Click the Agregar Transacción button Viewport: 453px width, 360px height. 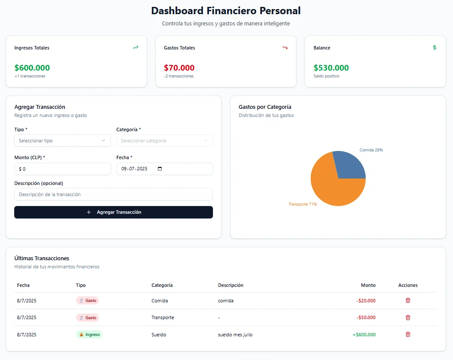click(x=113, y=212)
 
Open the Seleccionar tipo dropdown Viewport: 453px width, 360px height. click(x=62, y=141)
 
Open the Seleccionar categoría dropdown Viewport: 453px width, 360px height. click(x=164, y=141)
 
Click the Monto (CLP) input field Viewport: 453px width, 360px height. click(x=62, y=169)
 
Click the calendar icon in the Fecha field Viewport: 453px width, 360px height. click(x=160, y=169)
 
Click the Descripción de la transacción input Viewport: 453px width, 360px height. click(x=113, y=194)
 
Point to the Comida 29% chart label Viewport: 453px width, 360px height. click(x=371, y=150)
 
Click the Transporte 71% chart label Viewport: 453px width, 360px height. click(x=302, y=204)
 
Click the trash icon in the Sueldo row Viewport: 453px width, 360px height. click(x=408, y=334)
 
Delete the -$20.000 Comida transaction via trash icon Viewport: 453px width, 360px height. click(x=408, y=301)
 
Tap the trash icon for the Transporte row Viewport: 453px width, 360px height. click(x=408, y=317)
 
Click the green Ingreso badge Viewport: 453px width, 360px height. click(x=89, y=334)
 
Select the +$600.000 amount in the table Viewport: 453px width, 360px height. click(x=364, y=335)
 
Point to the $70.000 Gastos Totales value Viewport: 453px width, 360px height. click(x=179, y=68)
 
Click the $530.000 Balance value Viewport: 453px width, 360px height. click(x=331, y=68)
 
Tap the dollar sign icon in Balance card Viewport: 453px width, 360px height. click(x=435, y=48)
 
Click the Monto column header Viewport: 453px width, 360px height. click(x=368, y=285)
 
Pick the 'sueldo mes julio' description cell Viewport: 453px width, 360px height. click(x=235, y=335)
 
